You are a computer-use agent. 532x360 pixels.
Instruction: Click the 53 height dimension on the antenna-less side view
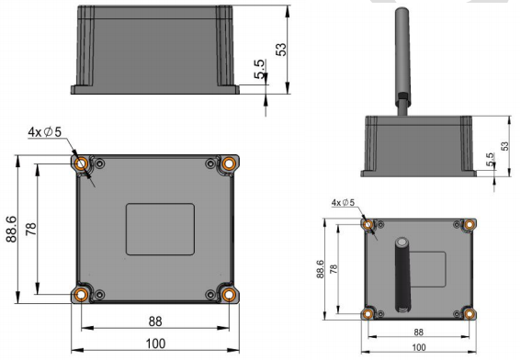(x=281, y=50)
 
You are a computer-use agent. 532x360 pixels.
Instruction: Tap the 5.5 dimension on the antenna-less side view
(x=259, y=69)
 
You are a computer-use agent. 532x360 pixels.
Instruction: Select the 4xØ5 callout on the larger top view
(x=45, y=132)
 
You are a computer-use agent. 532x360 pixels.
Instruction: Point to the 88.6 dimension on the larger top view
(x=11, y=230)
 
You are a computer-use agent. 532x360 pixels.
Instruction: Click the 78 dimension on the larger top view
(x=31, y=230)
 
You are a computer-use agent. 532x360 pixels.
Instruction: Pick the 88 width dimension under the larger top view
(x=155, y=321)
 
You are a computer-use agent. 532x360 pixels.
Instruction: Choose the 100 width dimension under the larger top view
(x=155, y=343)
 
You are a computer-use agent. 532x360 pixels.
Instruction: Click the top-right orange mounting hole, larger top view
(x=229, y=164)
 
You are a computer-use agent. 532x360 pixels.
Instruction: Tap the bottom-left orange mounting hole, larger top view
(x=81, y=295)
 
